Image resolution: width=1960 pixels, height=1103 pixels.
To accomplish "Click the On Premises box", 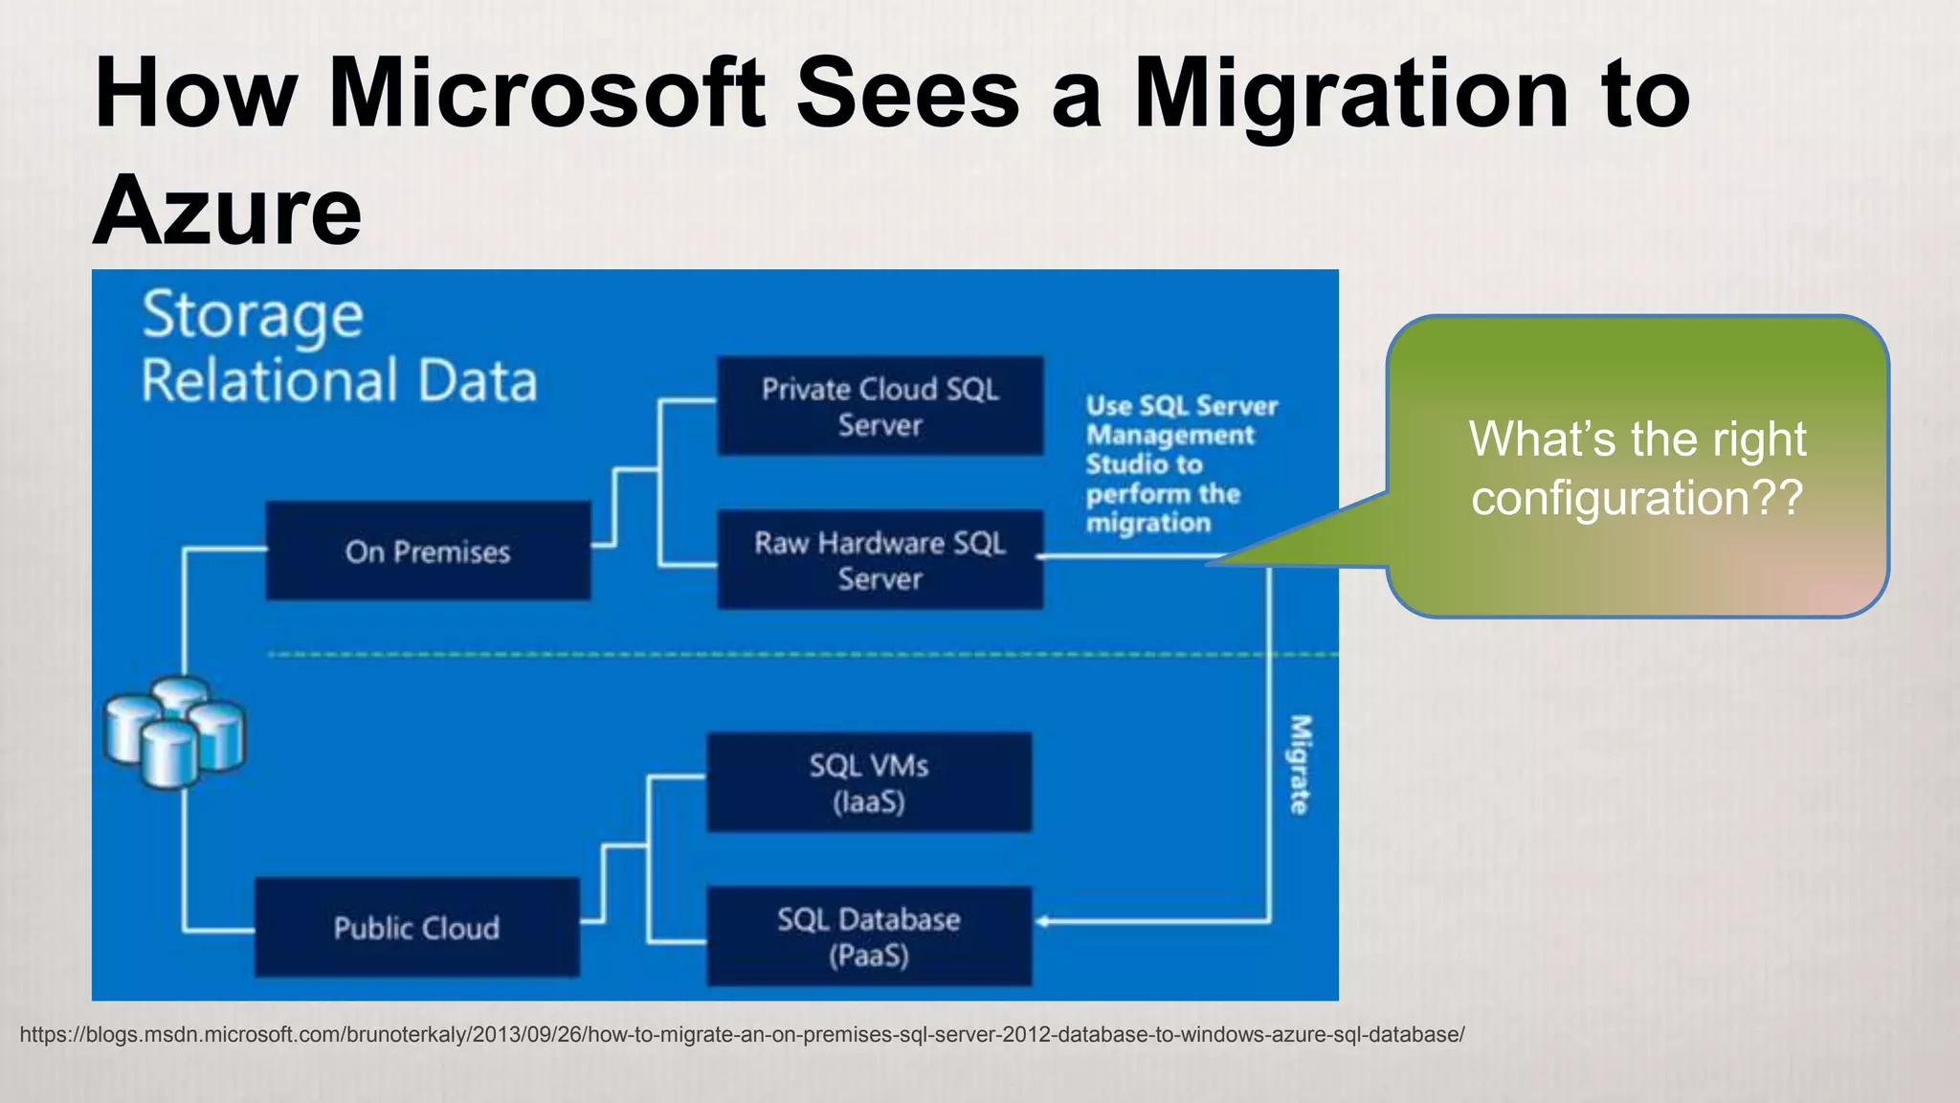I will pos(428,551).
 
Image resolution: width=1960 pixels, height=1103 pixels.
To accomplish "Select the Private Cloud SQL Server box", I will pos(880,406).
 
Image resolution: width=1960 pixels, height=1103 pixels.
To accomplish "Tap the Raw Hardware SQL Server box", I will pos(880,560).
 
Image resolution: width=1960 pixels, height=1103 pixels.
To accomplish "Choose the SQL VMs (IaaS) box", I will pos(869,782).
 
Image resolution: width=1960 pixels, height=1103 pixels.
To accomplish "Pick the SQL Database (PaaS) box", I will pos(869,936).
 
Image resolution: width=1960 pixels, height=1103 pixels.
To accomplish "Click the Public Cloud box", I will pos(416,927).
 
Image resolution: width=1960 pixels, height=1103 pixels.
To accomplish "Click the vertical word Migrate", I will pos(1299,764).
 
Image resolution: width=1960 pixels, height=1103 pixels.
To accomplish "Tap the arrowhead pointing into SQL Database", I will pos(1044,921).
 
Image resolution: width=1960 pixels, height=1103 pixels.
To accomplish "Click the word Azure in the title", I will pos(228,211).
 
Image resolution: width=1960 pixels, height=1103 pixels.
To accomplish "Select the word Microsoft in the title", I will pos(546,94).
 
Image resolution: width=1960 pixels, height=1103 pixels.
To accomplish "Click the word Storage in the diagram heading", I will pos(253,316).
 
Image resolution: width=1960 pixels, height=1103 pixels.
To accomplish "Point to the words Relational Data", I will pos(339,381).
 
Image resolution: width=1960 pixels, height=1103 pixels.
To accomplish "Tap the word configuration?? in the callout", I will pos(1637,498).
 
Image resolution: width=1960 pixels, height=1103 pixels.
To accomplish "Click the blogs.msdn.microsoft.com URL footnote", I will pos(742,1035).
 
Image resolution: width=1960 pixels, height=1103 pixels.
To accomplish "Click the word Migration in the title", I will pos(1350,94).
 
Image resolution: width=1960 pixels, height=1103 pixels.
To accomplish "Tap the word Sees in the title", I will pos(908,94).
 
